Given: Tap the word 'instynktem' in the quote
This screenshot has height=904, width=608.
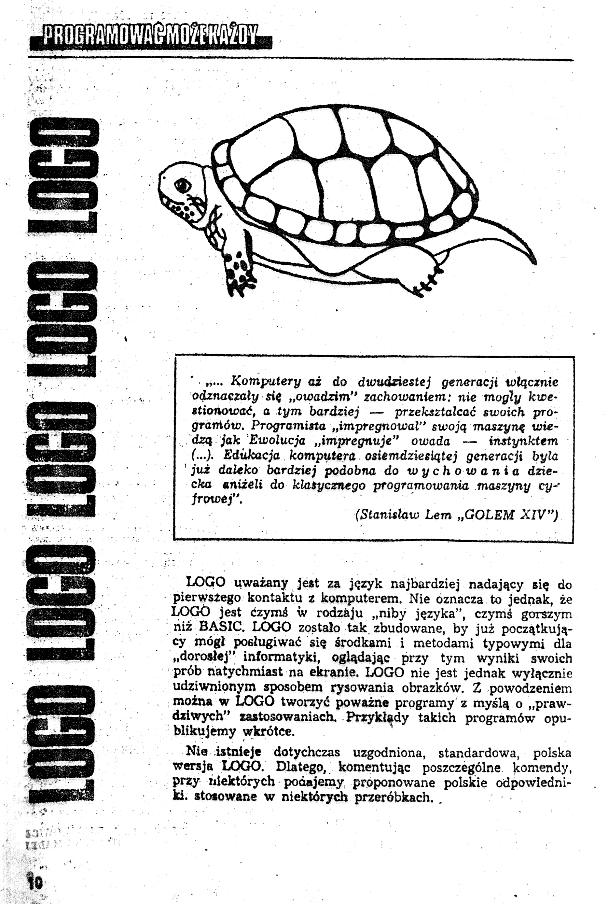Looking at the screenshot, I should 524,441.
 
